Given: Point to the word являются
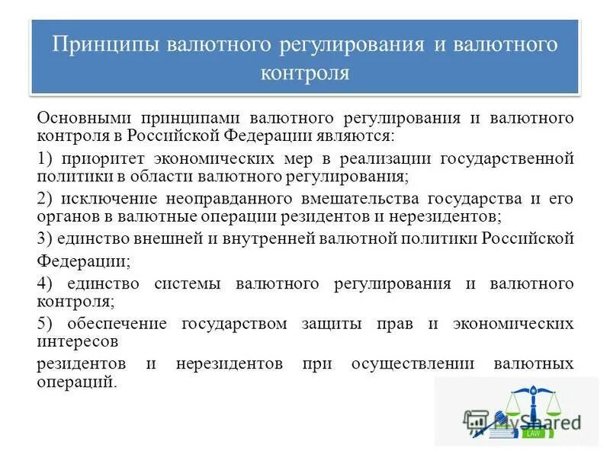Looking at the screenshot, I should pos(358,136).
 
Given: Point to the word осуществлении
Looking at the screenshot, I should pos(403,364).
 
